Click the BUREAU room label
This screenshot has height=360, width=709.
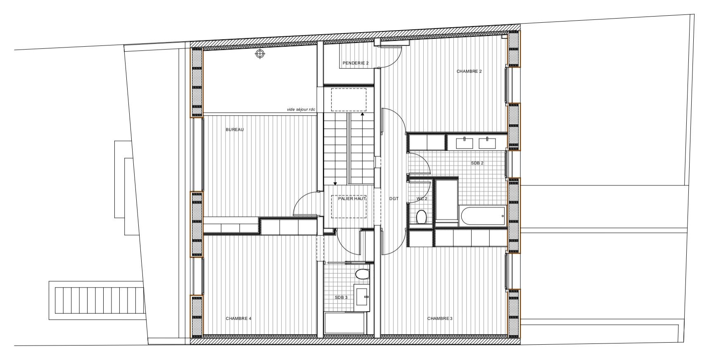pos(235,130)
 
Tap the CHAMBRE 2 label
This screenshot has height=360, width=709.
pos(469,71)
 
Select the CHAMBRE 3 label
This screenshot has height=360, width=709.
pos(440,318)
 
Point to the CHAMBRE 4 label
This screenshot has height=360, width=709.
pos(238,318)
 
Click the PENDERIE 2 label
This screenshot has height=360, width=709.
pos(355,63)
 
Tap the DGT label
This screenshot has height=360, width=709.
pos(394,199)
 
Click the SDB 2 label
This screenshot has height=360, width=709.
pos(477,163)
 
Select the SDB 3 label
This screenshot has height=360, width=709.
pos(341,297)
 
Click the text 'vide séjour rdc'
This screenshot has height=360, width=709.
pos(301,109)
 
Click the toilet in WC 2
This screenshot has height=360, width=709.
pos(422,217)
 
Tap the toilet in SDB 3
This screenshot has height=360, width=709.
pos(363,275)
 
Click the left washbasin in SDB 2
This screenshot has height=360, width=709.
pos(465,143)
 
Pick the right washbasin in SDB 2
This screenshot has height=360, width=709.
pos(487,143)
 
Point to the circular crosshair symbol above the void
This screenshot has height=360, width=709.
pos(259,54)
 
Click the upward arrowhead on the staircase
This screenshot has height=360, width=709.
pos(363,114)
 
